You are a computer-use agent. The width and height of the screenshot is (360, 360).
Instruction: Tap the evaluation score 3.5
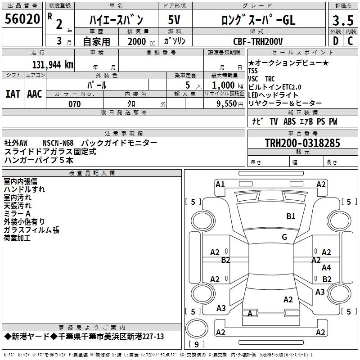tap(342, 20)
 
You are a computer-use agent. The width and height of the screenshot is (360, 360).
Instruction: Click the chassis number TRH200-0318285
tap(302, 143)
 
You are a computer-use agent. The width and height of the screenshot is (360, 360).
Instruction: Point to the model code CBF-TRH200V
tap(258, 41)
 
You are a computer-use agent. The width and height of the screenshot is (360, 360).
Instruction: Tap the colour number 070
tap(74, 104)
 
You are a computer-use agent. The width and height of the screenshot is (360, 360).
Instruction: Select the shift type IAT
tap(13, 94)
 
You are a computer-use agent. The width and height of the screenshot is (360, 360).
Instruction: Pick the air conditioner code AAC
tap(35, 94)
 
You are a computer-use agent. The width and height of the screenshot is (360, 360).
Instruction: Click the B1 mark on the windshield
tap(291, 216)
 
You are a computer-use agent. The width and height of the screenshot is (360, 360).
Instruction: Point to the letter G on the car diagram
tap(284, 237)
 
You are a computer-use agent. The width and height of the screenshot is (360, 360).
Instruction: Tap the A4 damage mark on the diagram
tap(326, 268)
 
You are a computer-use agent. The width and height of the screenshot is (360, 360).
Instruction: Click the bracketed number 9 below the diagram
tap(196, 345)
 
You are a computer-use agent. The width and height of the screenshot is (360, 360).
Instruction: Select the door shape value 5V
tap(175, 20)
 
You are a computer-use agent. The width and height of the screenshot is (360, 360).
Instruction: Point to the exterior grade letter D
tap(335, 41)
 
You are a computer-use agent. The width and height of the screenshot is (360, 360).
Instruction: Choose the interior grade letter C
tap(351, 41)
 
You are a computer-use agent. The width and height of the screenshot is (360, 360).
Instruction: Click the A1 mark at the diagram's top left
tap(220, 184)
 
